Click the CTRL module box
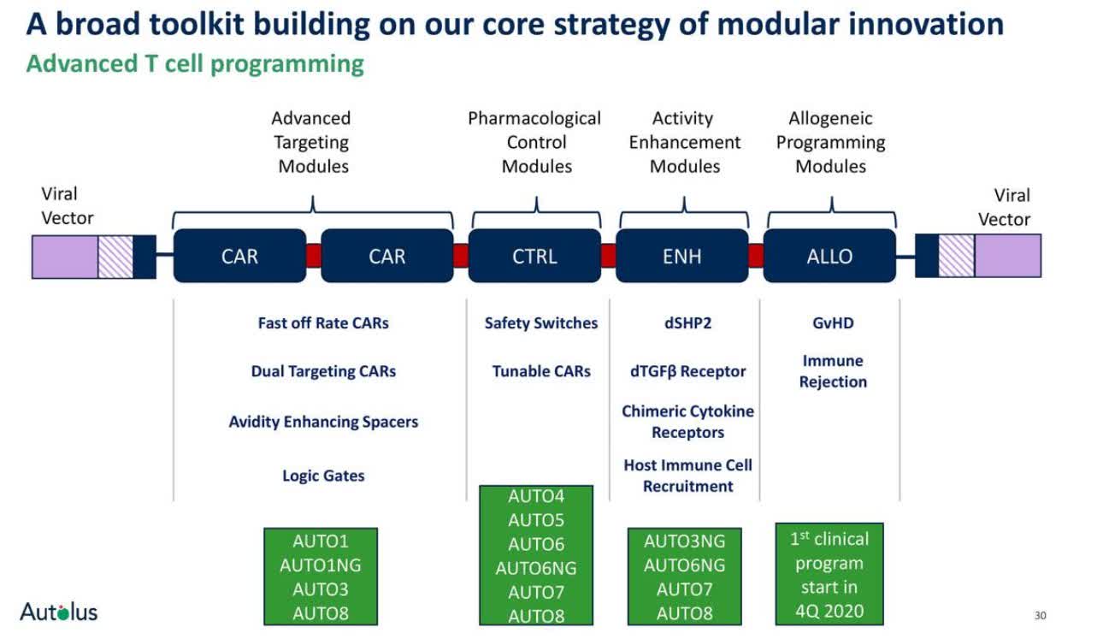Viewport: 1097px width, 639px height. click(534, 256)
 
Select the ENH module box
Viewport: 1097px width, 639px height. click(681, 256)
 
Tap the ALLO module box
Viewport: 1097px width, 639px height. click(829, 256)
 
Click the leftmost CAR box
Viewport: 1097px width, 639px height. click(239, 256)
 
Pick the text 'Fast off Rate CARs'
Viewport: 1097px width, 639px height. click(323, 323)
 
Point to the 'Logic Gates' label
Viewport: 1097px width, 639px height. click(323, 476)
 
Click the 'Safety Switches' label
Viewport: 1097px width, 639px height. click(541, 323)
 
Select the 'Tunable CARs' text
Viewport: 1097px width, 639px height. click(541, 371)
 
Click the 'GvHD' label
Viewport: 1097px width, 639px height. click(833, 323)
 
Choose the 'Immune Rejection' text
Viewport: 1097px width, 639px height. click(833, 371)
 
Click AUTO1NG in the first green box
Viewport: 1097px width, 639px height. click(321, 565)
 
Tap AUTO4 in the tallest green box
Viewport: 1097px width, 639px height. click(536, 496)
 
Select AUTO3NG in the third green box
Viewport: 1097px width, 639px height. click(684, 541)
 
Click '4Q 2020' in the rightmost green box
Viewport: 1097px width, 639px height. click(829, 612)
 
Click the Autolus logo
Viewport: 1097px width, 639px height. click(59, 612)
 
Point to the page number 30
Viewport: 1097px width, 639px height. click(1041, 615)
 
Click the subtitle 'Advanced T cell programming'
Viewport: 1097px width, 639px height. click(195, 64)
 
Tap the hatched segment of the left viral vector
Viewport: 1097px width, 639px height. click(115, 257)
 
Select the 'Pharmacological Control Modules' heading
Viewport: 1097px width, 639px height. click(535, 142)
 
